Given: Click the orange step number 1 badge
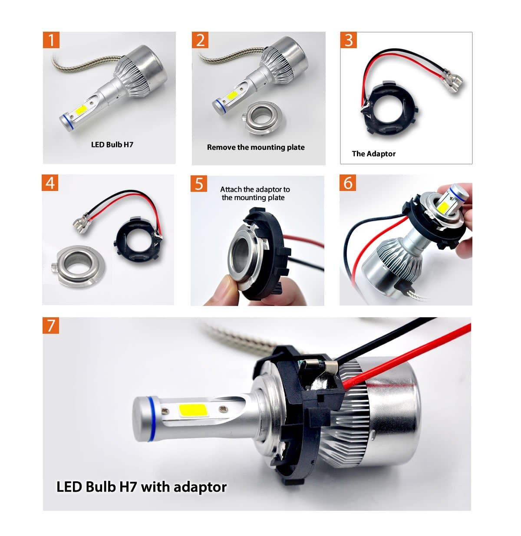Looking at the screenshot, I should pos(51,40).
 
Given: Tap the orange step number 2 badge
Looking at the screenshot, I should pos(200,40).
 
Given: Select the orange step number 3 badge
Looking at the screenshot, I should pos(349,40).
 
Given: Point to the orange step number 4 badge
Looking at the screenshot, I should pos(50,183).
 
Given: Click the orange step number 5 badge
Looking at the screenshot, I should pos(199,184).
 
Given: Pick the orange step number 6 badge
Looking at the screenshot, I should pos(348,183).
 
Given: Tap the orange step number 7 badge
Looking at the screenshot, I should pos(51,325).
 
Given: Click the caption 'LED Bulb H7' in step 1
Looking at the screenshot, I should pos(112,145).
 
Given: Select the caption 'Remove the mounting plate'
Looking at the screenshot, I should pos(256,147).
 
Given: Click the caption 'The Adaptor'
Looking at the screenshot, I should pos(374,154).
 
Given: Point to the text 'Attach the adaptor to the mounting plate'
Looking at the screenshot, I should pos(254,194).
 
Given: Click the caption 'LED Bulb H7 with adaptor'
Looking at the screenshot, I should pos(142,487).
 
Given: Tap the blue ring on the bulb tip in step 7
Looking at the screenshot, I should pos(151,419).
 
